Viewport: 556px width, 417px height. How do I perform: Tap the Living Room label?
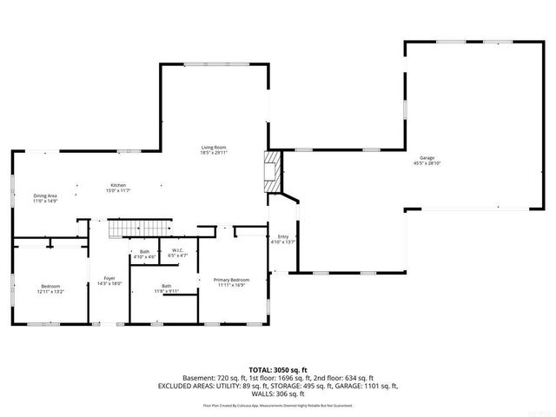click(215, 148)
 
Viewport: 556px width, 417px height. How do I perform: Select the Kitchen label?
click(118, 185)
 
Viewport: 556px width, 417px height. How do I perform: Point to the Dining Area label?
click(45, 196)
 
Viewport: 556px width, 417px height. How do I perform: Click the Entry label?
click(283, 236)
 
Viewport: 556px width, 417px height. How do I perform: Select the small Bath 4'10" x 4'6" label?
click(144, 252)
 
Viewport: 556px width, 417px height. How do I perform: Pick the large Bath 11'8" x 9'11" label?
click(165, 286)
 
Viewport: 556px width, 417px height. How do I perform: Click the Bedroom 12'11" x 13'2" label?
click(51, 287)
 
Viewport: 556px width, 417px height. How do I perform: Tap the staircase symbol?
click(127, 229)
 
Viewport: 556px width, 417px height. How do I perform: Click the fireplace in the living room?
click(274, 172)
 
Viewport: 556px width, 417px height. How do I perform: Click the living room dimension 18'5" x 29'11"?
click(215, 153)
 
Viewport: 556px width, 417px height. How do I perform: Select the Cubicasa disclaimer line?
click(277, 405)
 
